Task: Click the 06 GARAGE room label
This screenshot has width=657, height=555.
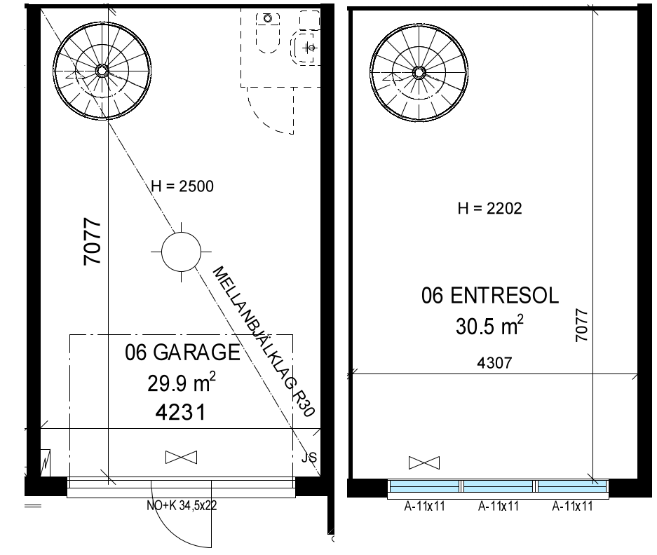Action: pyautogui.click(x=182, y=352)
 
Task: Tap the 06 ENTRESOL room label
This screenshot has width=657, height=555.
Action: pyautogui.click(x=490, y=296)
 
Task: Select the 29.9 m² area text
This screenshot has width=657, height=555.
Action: pyautogui.click(x=182, y=383)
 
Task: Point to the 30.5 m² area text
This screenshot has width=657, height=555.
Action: pyautogui.click(x=489, y=325)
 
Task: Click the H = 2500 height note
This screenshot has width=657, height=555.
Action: pyautogui.click(x=182, y=186)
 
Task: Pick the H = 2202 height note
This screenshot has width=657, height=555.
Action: pyautogui.click(x=490, y=208)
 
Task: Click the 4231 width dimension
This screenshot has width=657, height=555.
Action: pyautogui.click(x=181, y=412)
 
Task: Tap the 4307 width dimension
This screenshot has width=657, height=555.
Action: pyautogui.click(x=494, y=363)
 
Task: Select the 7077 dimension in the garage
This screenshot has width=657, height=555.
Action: pyautogui.click(x=93, y=241)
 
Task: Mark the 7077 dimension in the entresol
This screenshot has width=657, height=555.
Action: pyautogui.click(x=581, y=325)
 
